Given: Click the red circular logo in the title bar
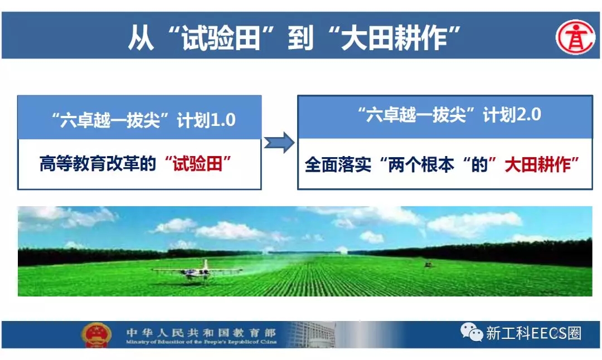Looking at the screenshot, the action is point(575,37).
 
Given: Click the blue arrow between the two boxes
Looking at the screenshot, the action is point(279,143).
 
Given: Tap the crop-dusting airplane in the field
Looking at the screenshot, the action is point(198,271).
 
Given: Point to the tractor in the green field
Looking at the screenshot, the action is point(428,265).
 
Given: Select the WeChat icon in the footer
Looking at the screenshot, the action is point(472,332).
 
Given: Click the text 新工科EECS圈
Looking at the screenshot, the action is point(533,333).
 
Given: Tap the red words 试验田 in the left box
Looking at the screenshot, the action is point(197,164).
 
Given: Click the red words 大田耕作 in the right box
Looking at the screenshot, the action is point(537,164).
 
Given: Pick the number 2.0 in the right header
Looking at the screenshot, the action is point(528,115).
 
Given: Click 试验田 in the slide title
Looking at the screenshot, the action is point(221,37).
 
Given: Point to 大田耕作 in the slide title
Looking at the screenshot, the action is point(394,37).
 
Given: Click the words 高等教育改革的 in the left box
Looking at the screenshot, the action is point(98,164).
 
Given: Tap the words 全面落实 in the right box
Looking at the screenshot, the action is point(338,165).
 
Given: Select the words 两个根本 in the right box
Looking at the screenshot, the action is point(421,165).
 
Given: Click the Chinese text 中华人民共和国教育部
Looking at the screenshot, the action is point(201,332).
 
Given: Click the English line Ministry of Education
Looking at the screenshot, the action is point(201,342).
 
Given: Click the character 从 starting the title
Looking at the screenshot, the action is point(141,37).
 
